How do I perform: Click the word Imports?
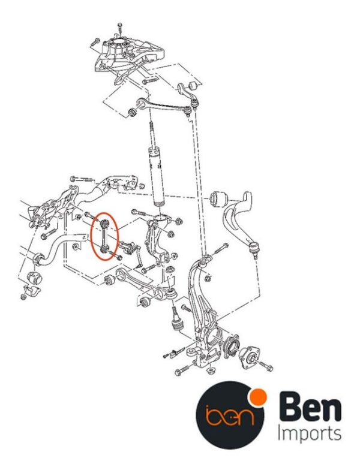coord(310,435)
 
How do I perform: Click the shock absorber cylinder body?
coord(158,176)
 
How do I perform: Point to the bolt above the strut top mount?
coord(119,29)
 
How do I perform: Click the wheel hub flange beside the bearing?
coord(250,358)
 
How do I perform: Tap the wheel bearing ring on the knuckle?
coord(232,347)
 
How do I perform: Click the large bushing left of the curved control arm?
coord(219,198)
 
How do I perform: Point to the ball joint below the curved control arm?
coord(254,249)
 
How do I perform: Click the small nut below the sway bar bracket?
coord(23,296)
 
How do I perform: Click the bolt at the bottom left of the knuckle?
coord(182,370)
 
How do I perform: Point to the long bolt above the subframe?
coord(81,179)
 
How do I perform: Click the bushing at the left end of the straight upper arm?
coord(132,113)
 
